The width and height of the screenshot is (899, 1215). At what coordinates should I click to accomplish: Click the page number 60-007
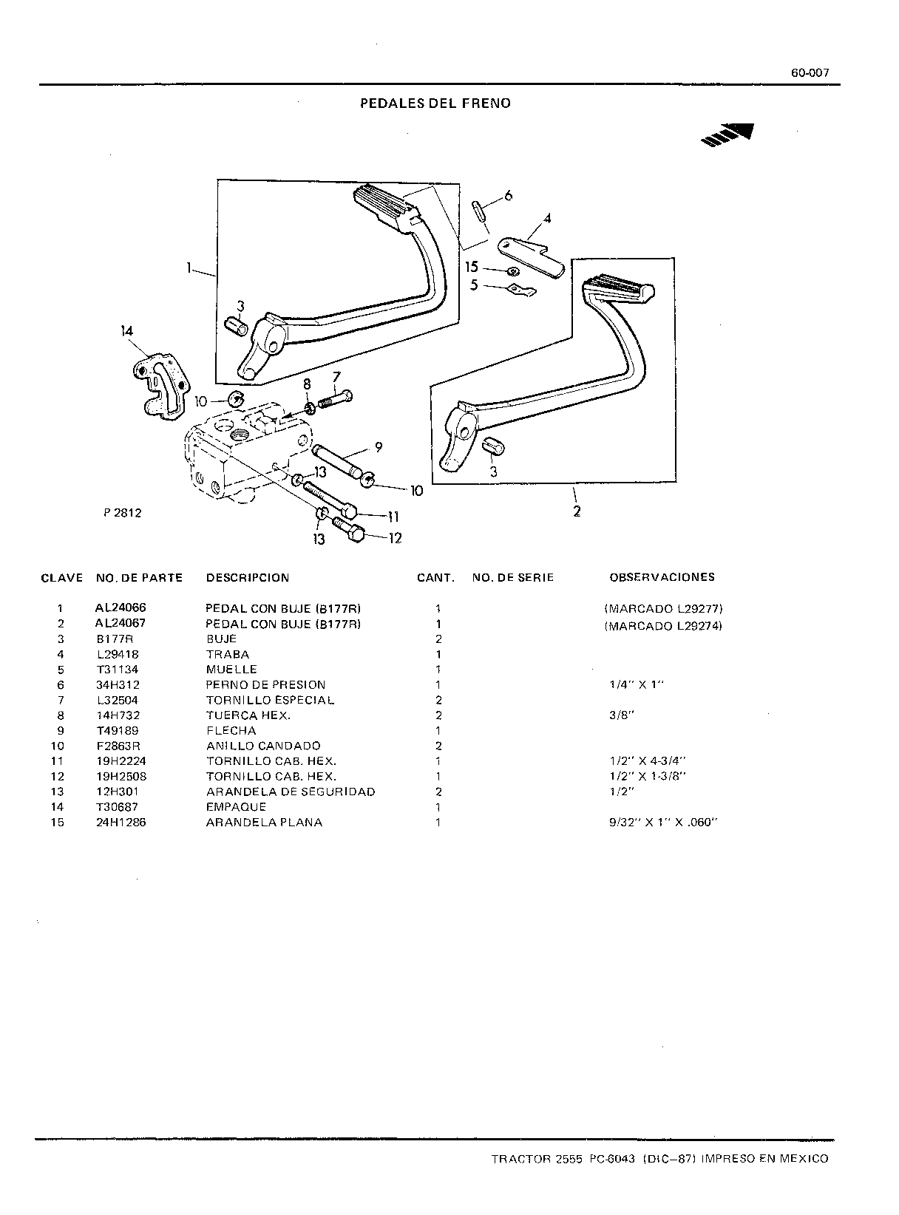point(810,73)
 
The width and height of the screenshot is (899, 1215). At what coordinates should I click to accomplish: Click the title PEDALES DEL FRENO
point(435,103)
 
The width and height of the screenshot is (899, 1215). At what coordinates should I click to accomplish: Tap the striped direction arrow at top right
point(727,135)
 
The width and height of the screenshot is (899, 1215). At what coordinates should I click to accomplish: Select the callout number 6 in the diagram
point(508,196)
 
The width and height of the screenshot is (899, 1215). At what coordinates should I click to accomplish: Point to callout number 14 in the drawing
point(126,331)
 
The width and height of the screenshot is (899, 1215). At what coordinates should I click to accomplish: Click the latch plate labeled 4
point(530,257)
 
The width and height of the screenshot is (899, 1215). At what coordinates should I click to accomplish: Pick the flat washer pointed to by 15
point(513,272)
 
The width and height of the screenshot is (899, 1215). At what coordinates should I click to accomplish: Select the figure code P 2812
point(122,513)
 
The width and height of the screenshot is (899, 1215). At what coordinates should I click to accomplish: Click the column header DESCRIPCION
point(247,577)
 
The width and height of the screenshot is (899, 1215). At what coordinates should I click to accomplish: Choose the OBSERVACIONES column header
point(662,576)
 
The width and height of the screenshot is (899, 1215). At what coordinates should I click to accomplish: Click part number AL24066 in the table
point(121,607)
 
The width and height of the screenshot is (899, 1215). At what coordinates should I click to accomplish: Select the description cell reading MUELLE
point(231,670)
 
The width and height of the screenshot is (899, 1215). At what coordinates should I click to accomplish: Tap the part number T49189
point(118,731)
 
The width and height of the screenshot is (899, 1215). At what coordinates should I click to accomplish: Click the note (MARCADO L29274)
point(663,625)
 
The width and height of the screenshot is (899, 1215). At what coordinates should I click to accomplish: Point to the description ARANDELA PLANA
point(264,823)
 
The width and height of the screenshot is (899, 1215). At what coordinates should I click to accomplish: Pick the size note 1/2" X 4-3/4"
point(648,761)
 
